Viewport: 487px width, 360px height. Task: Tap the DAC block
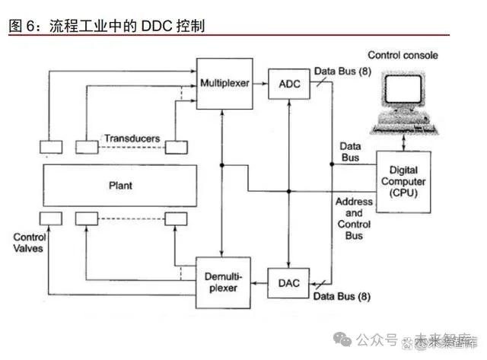click(288, 284)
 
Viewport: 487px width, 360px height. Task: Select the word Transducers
click(132, 139)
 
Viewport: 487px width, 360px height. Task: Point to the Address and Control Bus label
click(355, 218)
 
